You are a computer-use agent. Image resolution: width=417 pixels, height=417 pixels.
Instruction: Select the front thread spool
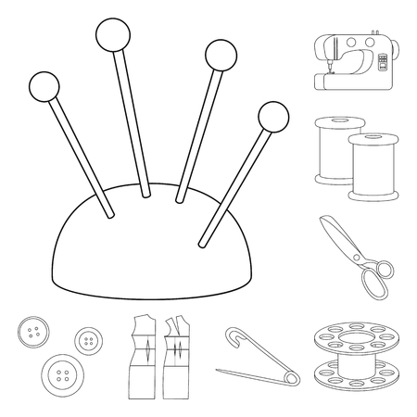369,167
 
